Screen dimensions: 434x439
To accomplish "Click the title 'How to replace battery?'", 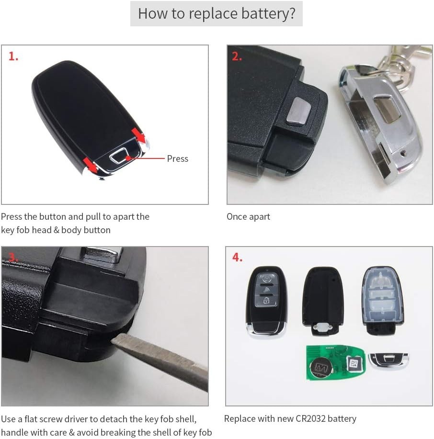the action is click(217, 13).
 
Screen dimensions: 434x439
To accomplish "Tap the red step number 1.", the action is click(13, 56).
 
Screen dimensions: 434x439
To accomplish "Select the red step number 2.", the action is click(237, 56).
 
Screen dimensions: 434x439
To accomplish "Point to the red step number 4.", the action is click(237, 257).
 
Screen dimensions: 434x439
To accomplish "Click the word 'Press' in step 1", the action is click(177, 159).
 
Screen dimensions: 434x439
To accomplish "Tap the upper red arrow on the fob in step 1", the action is click(138, 135).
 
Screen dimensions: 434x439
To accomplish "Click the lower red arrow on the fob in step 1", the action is click(91, 165).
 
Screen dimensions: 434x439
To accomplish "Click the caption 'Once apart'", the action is click(248, 217).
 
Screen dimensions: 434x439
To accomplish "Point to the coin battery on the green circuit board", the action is click(321, 367).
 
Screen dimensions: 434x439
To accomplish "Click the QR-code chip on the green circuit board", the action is click(354, 364).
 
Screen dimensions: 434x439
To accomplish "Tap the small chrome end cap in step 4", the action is click(388, 360).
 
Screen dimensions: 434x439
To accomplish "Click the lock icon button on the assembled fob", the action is click(266, 301).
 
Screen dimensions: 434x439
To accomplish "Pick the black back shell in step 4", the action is click(323, 301).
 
